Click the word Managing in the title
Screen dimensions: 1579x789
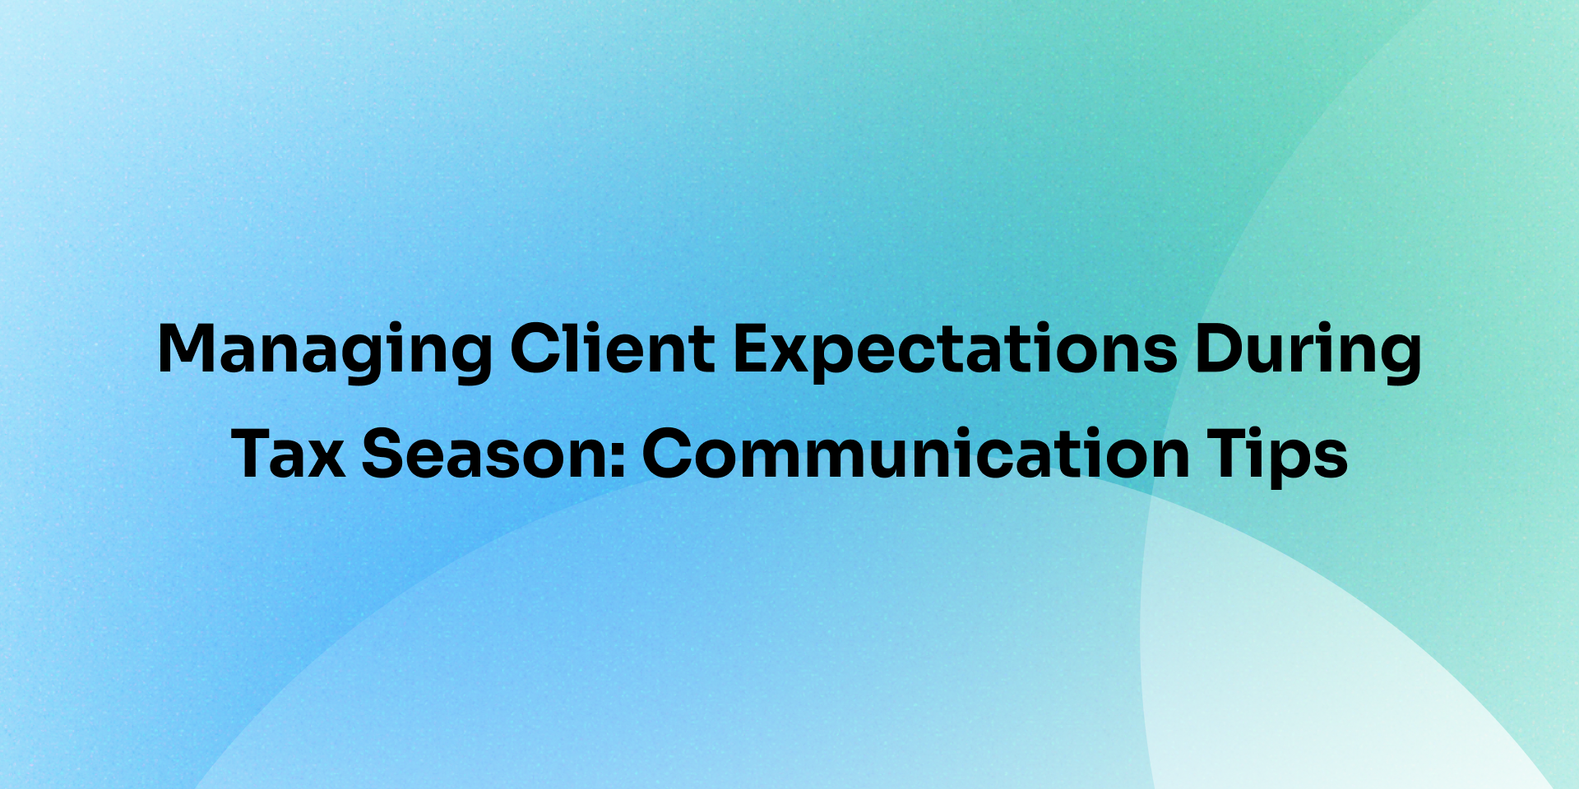[x=325, y=352]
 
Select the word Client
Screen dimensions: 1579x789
[x=613, y=348]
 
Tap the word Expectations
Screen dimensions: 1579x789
[x=955, y=352]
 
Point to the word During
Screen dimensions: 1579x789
[x=1308, y=352]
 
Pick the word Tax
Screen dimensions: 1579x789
[x=288, y=453]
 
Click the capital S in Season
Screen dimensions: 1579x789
[x=384, y=453]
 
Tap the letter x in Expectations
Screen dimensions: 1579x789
[x=797, y=356]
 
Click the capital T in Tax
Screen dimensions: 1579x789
[x=255, y=453]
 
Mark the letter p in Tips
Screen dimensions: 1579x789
[x=1293, y=464]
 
